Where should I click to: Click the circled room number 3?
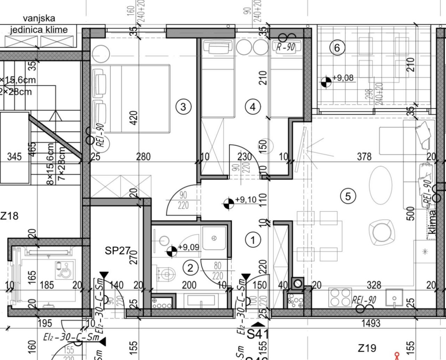coord(183,107)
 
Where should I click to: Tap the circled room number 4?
coord(253,107)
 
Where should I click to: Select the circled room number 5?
coord(348,197)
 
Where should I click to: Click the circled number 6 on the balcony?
coord(337,48)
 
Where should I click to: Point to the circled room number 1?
coord(253,240)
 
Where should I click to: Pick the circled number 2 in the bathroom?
coord(190,268)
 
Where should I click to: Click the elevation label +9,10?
coord(246,200)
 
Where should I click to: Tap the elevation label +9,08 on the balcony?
coord(343,78)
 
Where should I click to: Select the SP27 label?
coord(117,250)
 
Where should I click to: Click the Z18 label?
coord(9,216)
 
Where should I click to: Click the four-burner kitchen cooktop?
coord(340,297)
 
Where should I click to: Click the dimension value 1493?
coord(370,323)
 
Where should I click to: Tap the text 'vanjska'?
coord(39,18)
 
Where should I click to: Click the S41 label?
coord(258,335)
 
